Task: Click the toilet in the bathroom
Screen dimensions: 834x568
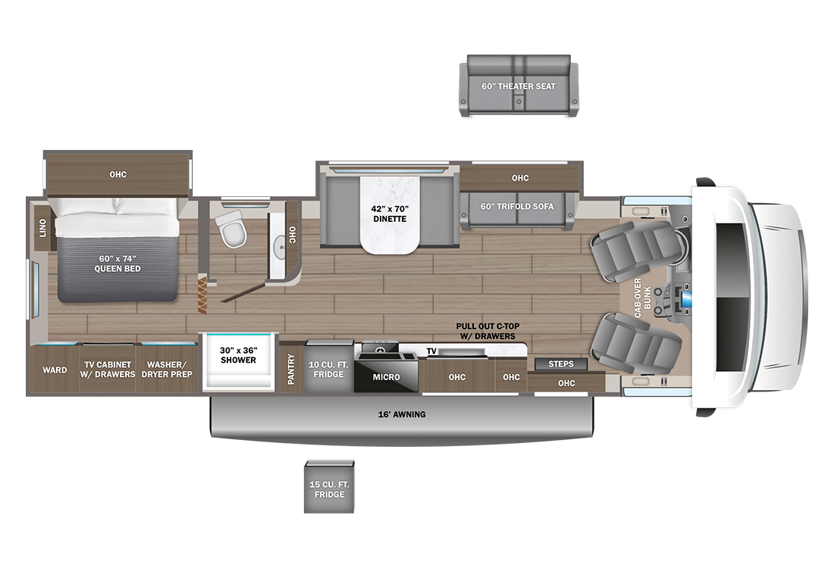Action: tap(233, 229)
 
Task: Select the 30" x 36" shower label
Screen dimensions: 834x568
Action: tap(238, 355)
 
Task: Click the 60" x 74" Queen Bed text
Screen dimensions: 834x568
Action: tap(118, 264)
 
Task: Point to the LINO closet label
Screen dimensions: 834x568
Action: tap(42, 229)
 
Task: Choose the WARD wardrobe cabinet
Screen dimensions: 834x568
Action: tap(55, 370)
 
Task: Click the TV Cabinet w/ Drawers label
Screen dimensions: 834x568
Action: tap(108, 370)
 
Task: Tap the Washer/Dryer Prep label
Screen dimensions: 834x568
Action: tap(167, 370)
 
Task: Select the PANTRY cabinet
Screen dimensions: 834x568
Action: tap(291, 368)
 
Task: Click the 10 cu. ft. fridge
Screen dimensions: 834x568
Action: tap(329, 368)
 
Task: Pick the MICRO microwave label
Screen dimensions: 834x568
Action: tap(386, 376)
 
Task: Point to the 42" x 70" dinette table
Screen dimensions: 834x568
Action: tap(390, 214)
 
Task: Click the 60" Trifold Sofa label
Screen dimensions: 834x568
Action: tap(517, 206)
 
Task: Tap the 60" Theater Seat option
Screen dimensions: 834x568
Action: tap(519, 86)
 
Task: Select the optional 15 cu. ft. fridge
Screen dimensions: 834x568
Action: tap(329, 487)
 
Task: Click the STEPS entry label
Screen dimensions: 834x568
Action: tap(561, 364)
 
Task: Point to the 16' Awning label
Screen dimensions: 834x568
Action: tap(402, 414)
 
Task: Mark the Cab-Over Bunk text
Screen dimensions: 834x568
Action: tap(642, 298)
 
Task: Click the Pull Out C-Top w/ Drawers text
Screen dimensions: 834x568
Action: tap(488, 331)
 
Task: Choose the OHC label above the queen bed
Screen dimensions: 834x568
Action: tap(118, 174)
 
